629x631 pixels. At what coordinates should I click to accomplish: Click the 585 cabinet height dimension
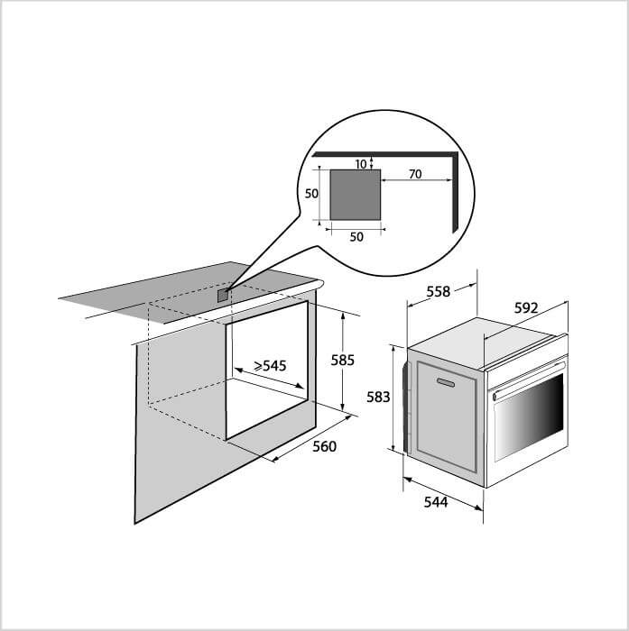(x=343, y=361)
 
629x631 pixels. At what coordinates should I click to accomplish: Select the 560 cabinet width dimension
(x=324, y=446)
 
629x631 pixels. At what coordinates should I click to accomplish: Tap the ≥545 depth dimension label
(x=270, y=365)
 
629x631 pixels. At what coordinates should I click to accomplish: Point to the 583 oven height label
(x=378, y=398)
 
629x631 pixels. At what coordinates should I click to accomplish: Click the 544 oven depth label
(x=436, y=502)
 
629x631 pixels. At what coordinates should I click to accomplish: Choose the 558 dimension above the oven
(x=438, y=291)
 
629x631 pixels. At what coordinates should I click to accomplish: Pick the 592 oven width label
(x=526, y=308)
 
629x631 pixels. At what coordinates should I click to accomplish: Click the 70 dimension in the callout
(x=415, y=174)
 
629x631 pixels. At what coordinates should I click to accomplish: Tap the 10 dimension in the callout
(x=361, y=164)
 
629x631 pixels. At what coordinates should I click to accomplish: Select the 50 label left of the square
(x=311, y=194)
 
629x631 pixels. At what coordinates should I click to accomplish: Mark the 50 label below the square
(x=356, y=237)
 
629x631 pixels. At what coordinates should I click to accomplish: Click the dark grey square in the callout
(x=355, y=195)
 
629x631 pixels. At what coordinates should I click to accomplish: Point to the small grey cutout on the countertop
(x=223, y=296)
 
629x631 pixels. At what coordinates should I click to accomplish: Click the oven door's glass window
(x=528, y=417)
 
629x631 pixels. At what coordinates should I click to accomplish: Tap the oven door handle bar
(x=528, y=380)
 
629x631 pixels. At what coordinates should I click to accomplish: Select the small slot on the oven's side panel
(x=446, y=382)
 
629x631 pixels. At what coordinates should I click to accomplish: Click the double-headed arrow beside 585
(x=343, y=362)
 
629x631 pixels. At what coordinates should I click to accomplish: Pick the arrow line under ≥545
(x=269, y=378)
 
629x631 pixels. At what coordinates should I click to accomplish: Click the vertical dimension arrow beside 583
(x=393, y=398)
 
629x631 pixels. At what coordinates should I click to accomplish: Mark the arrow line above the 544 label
(x=443, y=494)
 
